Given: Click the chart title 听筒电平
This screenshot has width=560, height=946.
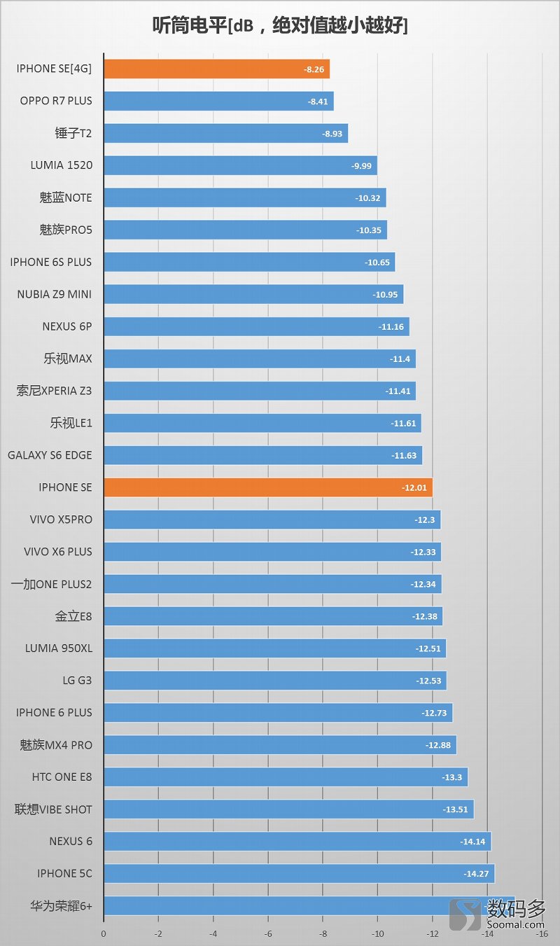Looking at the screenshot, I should point(280,26).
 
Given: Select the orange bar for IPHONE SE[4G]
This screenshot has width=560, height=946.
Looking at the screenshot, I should point(216,69).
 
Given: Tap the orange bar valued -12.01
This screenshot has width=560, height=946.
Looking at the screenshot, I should point(268,487).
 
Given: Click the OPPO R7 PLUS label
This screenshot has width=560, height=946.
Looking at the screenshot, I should point(56,101).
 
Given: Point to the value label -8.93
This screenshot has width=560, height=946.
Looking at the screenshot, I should point(332,133).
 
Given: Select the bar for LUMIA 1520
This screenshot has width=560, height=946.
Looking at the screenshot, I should point(240,166).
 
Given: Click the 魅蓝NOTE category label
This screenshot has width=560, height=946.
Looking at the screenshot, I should point(66,197).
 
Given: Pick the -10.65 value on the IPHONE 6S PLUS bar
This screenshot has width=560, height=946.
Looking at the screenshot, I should point(376,262).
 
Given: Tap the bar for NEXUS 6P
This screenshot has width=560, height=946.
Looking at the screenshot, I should point(256,326).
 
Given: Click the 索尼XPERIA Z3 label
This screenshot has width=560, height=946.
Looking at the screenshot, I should point(54,391).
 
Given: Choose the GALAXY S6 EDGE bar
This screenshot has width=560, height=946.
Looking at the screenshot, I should point(262,455).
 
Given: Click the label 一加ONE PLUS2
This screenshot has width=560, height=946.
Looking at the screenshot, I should point(52,584).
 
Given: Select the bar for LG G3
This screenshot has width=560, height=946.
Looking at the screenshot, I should point(274,681).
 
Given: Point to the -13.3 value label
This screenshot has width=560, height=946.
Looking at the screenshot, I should point(451,777).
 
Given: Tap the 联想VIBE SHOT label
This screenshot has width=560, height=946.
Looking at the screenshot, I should point(53,809).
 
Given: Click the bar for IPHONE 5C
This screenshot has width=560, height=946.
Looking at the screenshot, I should point(299,874).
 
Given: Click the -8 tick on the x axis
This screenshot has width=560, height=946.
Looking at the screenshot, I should point(323,934).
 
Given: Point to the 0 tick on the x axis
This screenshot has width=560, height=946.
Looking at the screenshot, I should point(104,934).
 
